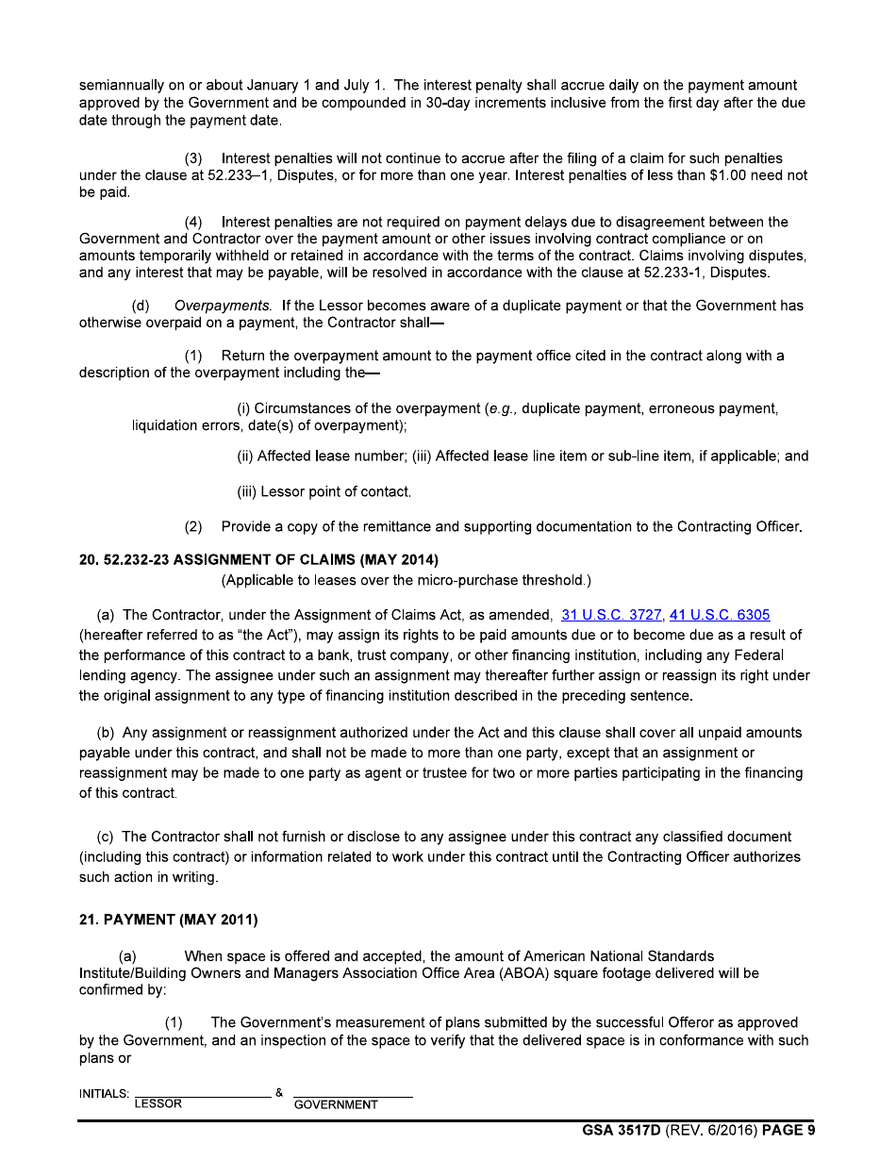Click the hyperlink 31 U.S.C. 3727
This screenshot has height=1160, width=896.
click(611, 615)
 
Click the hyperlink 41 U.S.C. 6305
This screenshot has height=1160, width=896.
click(720, 615)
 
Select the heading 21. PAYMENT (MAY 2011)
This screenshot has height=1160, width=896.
click(169, 920)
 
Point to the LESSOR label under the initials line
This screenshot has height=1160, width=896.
click(158, 1104)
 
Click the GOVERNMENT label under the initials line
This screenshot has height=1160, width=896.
click(337, 1105)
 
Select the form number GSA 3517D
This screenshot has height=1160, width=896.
click(623, 1131)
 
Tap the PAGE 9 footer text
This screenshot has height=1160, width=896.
click(788, 1131)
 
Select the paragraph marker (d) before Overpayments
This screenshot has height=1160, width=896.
click(141, 307)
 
